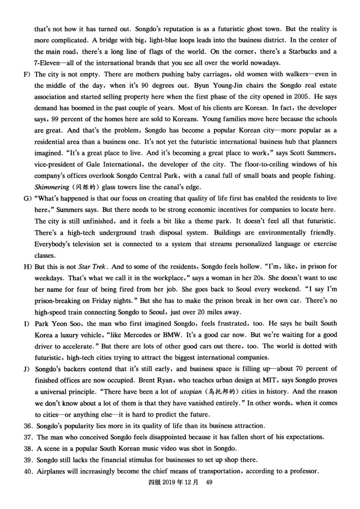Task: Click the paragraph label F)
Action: coord(27,74)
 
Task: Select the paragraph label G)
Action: coord(27,198)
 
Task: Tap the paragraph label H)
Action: coord(27,267)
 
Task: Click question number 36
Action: coord(28,426)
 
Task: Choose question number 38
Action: coord(28,449)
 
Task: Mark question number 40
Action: coord(28,471)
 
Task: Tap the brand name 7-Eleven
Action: coord(47,63)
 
